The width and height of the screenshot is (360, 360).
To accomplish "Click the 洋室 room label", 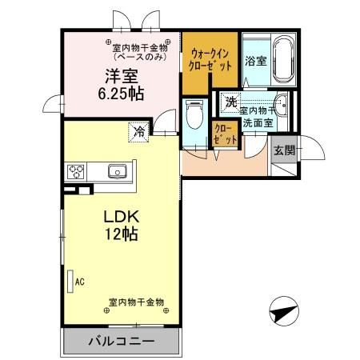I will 118,78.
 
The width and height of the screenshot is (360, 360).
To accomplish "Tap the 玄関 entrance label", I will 283,150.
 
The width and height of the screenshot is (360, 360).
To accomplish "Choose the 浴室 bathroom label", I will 255,61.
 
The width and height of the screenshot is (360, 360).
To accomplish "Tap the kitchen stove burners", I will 77,170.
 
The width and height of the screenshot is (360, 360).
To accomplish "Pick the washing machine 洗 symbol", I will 230,102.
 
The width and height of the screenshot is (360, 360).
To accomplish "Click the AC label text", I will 79,281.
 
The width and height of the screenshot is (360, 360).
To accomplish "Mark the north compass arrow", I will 282,310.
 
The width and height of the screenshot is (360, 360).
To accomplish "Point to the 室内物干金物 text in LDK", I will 136,302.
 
